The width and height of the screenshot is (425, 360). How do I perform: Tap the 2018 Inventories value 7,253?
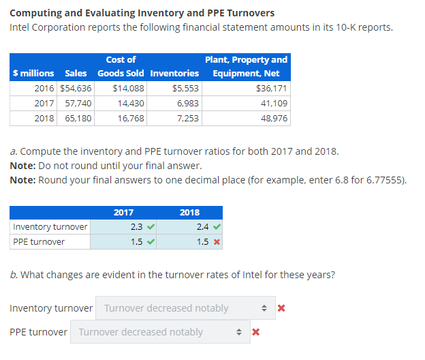coord(187,118)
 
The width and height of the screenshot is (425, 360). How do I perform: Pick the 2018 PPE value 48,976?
coord(274,118)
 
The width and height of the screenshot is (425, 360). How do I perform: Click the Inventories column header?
coord(174,73)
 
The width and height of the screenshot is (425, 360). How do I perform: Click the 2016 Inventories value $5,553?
coord(185,88)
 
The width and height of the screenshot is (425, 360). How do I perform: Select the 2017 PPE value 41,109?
coord(274,103)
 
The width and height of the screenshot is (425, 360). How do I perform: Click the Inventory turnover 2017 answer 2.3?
coord(136,226)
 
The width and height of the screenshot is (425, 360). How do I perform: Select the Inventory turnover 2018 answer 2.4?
coord(202,226)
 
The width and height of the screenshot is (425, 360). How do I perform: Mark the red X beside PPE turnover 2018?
coord(216,242)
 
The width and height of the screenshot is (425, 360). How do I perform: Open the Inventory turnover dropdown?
coord(185,308)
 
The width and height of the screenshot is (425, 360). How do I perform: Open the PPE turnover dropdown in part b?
coord(160,332)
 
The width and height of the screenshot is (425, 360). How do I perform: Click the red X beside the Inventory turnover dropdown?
coord(281,308)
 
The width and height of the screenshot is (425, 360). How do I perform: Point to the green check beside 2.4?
coord(216,226)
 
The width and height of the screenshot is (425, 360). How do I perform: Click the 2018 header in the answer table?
coord(189,212)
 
